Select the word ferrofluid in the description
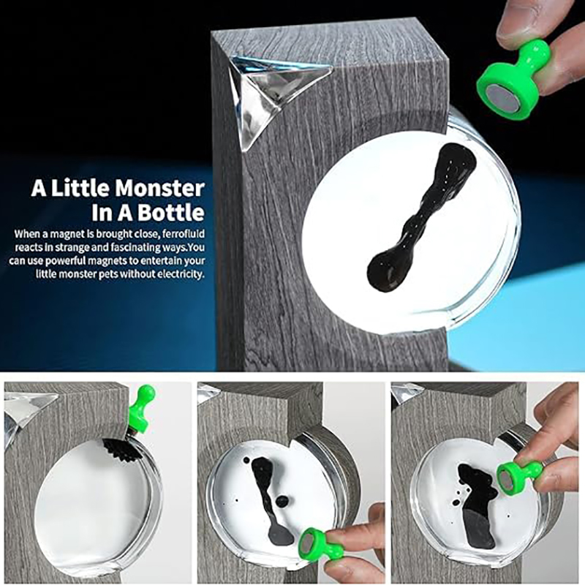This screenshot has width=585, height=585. (185, 234)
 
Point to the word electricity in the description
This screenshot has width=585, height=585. (180, 274)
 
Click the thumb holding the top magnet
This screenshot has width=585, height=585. (521, 20)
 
